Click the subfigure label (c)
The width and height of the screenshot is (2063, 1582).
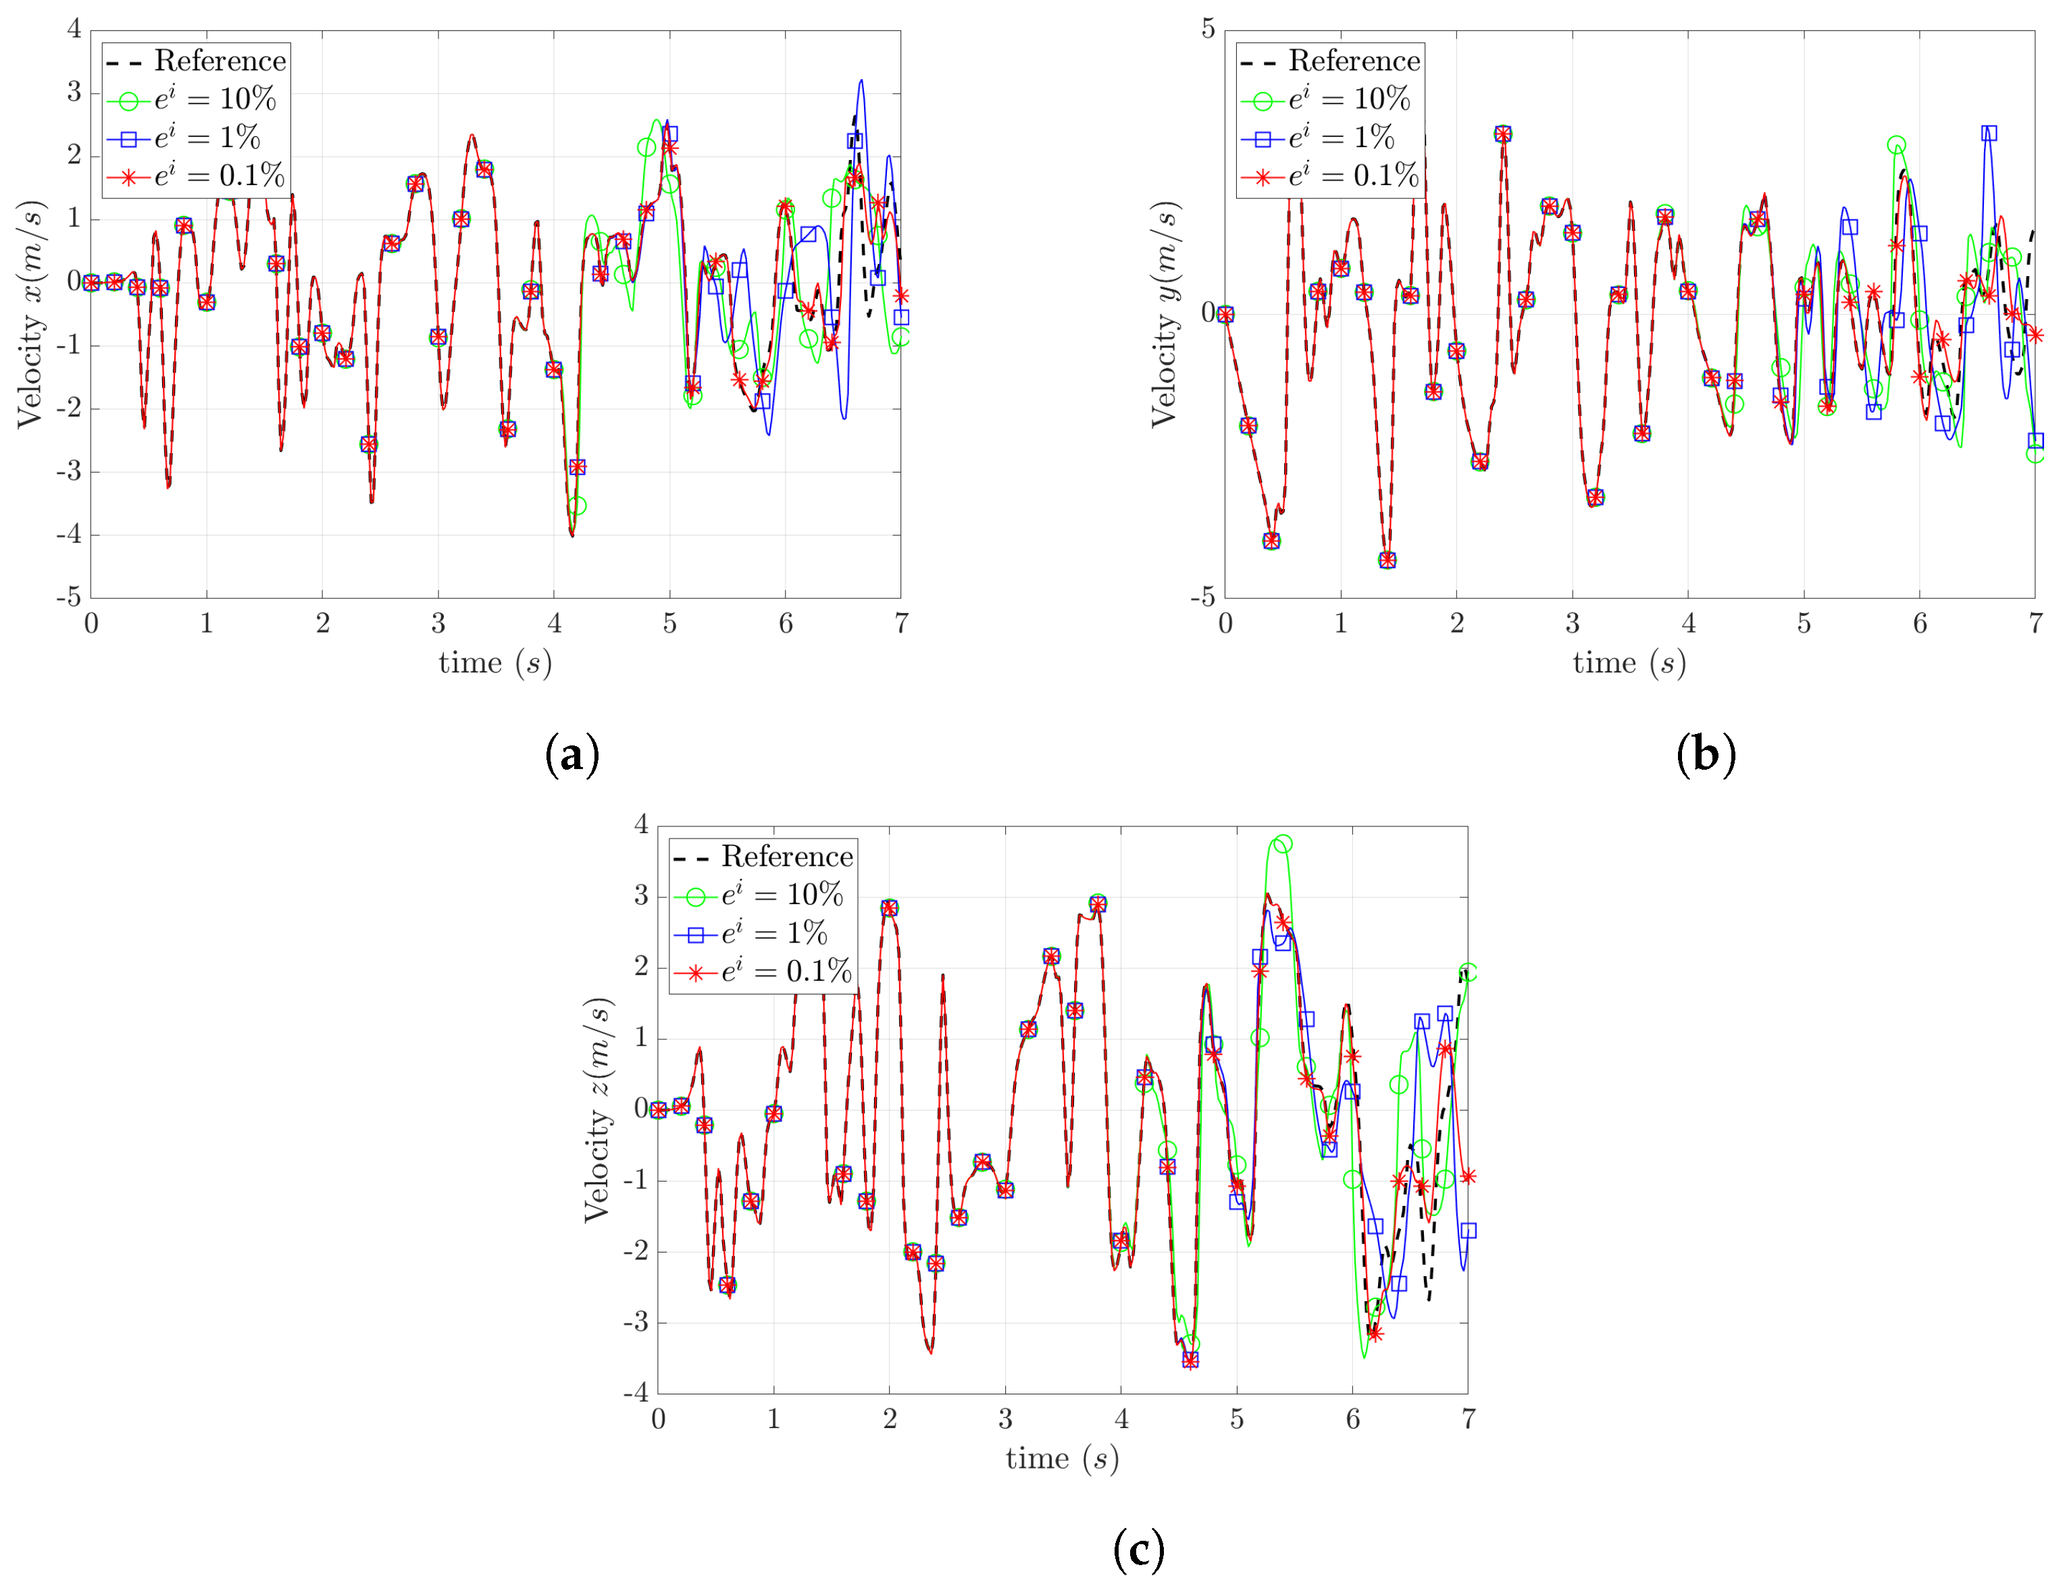(x=1138, y=1549)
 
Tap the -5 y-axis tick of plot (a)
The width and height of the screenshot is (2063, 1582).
(x=68, y=597)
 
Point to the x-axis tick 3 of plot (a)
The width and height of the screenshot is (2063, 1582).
(x=438, y=623)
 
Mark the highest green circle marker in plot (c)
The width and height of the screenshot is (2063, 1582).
(x=1282, y=844)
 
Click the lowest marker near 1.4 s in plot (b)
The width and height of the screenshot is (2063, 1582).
(x=1387, y=560)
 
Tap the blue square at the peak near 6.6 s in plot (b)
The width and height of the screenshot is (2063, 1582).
(x=1989, y=134)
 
